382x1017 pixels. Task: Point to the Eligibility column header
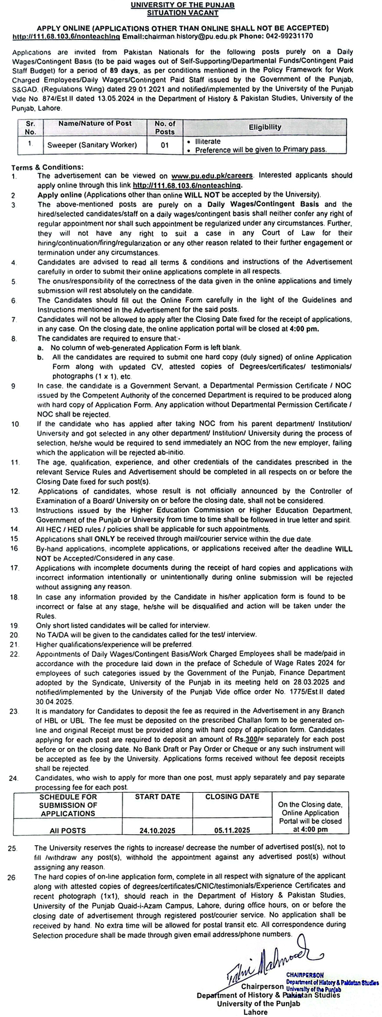(265, 127)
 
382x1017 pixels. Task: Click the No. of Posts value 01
(165, 145)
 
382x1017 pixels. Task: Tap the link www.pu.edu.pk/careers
(212, 176)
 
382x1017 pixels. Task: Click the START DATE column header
(158, 797)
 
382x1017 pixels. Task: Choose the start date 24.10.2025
(158, 830)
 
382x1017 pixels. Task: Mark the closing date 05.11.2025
(232, 830)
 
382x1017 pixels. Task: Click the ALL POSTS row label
(68, 830)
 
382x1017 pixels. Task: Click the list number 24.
(14, 778)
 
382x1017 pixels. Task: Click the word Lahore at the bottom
(256, 1012)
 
